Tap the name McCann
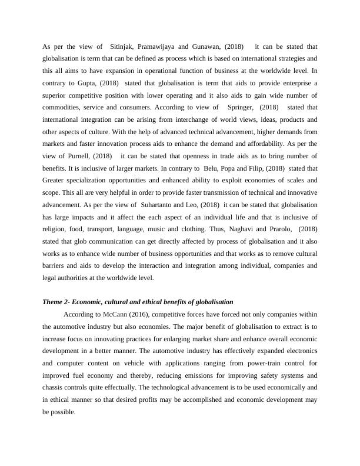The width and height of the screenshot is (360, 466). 114,314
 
